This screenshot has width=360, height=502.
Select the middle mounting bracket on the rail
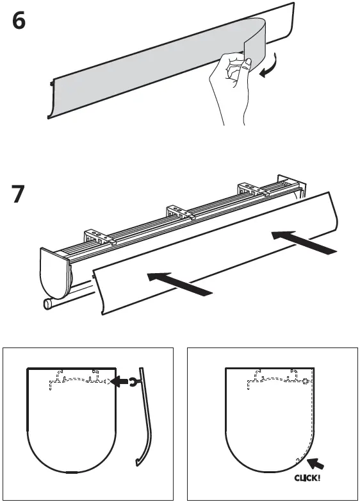[x=179, y=213]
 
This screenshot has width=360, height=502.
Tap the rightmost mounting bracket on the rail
[x=252, y=189]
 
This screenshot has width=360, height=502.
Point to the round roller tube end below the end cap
[x=47, y=305]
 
